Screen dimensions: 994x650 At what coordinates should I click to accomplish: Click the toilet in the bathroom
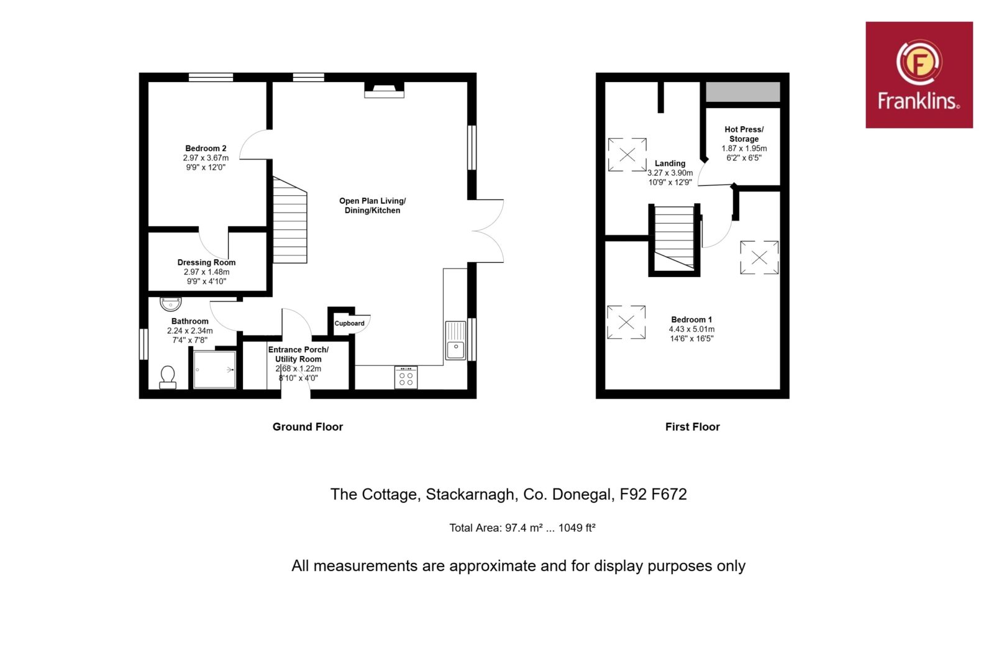coord(168,377)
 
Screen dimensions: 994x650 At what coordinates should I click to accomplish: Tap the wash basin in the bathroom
coord(170,304)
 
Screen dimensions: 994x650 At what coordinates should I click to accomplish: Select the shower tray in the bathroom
coord(214,369)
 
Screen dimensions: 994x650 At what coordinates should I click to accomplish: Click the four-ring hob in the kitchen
coord(406,378)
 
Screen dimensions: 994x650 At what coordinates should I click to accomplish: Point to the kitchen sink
coord(455,341)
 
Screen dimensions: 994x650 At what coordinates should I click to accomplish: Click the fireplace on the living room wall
coord(385,89)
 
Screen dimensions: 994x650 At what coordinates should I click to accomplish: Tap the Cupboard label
coord(349,323)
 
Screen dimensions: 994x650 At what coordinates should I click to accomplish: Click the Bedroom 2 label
coord(206,149)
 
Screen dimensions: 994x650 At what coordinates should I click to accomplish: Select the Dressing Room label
coord(206,262)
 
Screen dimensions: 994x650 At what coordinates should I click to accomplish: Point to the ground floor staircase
coord(290,220)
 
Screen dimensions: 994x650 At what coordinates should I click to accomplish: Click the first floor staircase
coord(675,238)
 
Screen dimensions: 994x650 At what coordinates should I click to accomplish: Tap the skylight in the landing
coord(627,155)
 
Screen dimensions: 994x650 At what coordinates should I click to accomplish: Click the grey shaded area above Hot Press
coord(743,92)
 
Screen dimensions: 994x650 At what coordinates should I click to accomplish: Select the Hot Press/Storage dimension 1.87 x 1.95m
coord(744,149)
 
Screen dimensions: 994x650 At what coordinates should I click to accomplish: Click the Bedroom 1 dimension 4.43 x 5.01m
coord(692,329)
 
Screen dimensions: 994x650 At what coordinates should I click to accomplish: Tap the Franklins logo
coord(919,75)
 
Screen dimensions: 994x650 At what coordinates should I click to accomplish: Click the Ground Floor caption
coord(308,427)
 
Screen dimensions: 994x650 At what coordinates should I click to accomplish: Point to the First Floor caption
coord(692,427)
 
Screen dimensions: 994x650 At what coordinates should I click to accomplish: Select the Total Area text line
coord(522,528)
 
